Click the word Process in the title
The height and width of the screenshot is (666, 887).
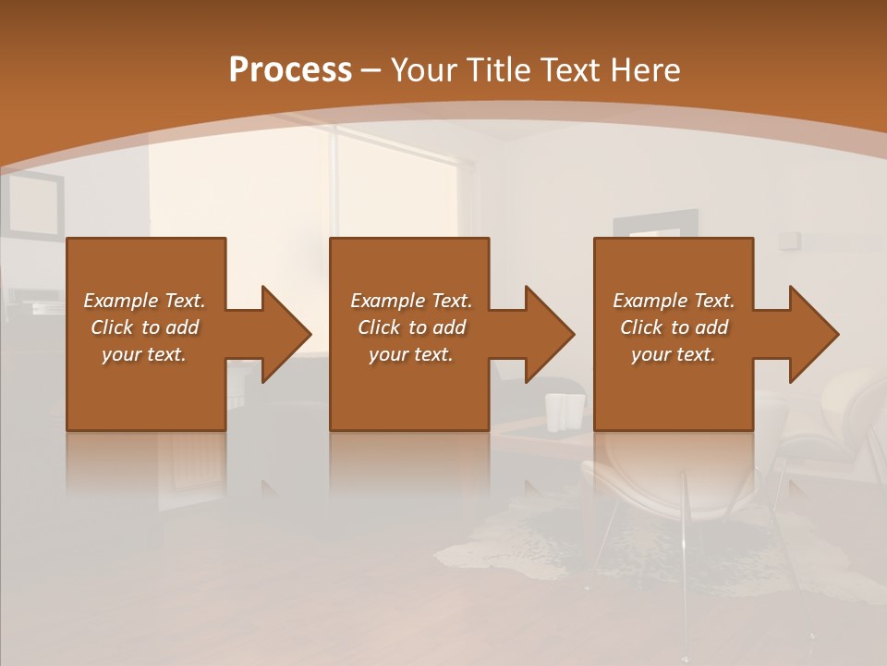point(290,70)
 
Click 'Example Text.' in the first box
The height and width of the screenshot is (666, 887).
point(144,301)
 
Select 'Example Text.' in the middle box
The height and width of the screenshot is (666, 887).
point(411,301)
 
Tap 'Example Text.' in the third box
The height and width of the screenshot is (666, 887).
point(674,301)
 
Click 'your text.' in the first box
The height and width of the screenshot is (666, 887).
point(144,354)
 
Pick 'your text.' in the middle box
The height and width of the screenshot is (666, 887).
point(411,354)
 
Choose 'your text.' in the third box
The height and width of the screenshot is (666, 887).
point(674,354)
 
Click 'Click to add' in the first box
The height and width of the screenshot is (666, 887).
point(144,327)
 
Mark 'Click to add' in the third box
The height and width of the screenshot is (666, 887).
point(674,327)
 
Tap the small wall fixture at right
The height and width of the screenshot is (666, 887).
point(788,240)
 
